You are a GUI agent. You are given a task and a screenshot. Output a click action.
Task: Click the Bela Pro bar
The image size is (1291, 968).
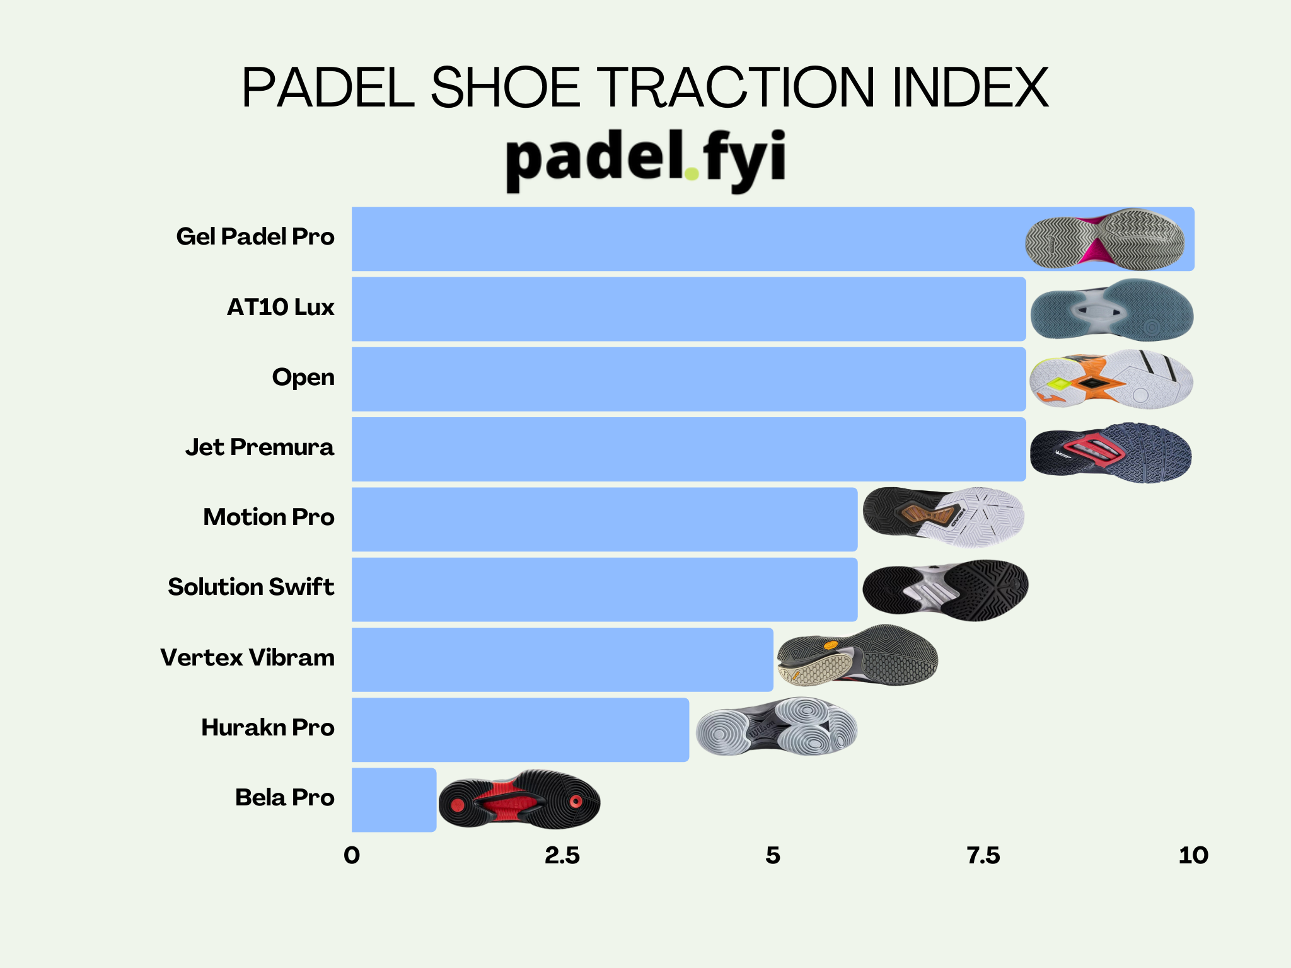[394, 799]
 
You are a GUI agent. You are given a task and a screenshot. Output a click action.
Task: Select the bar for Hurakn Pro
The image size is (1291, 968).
[520, 729]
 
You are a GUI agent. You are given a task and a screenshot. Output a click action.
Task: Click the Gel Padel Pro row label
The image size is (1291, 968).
[255, 237]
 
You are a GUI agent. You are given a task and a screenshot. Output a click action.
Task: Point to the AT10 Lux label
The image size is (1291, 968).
[281, 308]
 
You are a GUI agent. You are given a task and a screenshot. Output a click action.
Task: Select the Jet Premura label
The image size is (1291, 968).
[260, 447]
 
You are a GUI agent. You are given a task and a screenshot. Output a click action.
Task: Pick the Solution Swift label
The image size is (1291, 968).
[251, 587]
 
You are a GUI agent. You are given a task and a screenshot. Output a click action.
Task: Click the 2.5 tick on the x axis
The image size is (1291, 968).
[562, 856]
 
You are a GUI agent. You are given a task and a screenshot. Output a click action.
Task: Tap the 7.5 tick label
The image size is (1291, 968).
[983, 856]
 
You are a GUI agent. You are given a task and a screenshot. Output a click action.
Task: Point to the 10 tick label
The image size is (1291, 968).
[1193, 856]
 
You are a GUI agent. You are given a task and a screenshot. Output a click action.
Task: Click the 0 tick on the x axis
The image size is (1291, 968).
[352, 856]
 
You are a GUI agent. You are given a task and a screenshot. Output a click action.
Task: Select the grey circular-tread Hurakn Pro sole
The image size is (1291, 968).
[777, 727]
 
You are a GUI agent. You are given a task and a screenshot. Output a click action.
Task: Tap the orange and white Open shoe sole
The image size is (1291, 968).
[1111, 379]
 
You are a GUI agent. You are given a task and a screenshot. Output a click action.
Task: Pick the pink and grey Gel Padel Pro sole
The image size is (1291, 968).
[1105, 239]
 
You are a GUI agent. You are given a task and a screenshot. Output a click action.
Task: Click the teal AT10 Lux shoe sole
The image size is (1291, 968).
[1112, 310]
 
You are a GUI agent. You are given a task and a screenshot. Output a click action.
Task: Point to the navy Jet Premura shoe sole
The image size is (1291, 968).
[1111, 452]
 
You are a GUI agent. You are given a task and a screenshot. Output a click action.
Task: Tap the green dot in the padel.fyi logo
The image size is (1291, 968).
[692, 173]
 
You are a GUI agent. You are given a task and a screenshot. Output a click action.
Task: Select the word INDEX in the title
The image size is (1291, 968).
[970, 88]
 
